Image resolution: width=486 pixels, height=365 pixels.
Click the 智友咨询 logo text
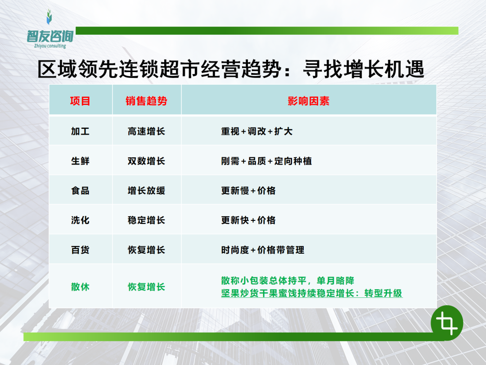(50, 36)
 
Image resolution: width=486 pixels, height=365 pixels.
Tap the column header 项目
(80, 101)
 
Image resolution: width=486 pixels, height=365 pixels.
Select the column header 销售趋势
(146, 101)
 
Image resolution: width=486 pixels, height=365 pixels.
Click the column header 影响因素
(308, 101)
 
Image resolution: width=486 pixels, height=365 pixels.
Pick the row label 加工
(80, 131)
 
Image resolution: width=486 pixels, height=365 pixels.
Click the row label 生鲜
(80, 161)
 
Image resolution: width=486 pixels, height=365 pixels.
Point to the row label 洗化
(80, 220)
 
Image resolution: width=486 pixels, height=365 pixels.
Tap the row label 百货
(80, 250)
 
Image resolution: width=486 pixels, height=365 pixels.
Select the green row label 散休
(80, 287)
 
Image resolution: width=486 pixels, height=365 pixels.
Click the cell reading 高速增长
(146, 131)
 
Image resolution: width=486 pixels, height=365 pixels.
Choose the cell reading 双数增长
(146, 161)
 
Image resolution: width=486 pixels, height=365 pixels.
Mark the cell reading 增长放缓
(146, 191)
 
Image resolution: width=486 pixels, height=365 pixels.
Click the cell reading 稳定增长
(146, 220)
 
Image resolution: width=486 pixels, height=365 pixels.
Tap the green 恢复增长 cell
(146, 287)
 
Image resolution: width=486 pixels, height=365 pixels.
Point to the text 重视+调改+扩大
(256, 131)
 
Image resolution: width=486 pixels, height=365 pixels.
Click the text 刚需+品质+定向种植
(266, 161)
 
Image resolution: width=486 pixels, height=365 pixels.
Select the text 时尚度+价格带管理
(262, 250)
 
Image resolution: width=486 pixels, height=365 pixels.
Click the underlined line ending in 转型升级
(312, 293)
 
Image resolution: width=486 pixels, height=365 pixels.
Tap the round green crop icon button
(447, 323)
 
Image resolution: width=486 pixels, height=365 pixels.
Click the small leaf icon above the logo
(49, 17)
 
